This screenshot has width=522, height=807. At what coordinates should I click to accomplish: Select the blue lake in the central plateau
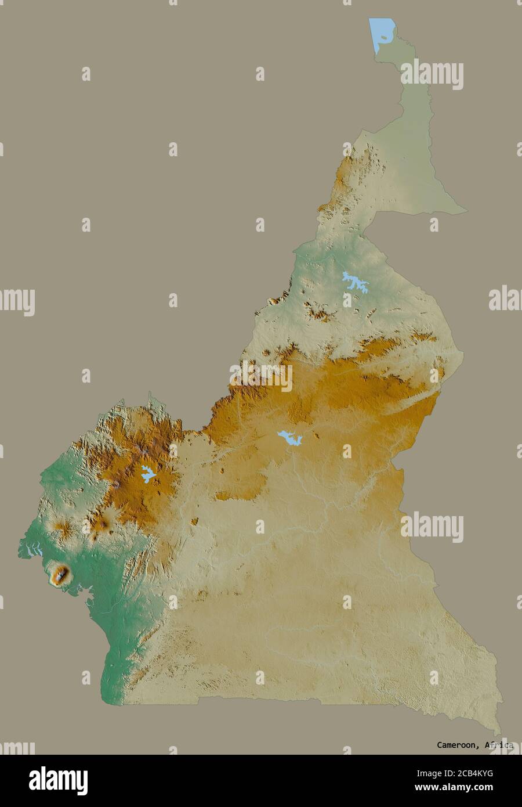click(x=289, y=437)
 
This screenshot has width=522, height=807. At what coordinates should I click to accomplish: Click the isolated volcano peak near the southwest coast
click(x=60, y=575)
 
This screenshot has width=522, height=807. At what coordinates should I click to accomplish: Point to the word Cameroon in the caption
click(x=456, y=745)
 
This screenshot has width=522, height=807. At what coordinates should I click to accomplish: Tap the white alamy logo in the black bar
click(x=58, y=780)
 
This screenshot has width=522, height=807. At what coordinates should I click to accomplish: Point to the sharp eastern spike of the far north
click(x=466, y=211)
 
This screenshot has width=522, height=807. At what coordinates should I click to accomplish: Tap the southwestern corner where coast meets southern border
click(x=123, y=703)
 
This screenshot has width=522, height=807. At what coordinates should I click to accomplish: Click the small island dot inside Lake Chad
click(x=383, y=38)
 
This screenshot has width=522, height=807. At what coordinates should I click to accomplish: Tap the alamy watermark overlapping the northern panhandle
click(x=432, y=74)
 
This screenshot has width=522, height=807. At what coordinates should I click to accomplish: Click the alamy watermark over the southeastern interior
click(x=432, y=527)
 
